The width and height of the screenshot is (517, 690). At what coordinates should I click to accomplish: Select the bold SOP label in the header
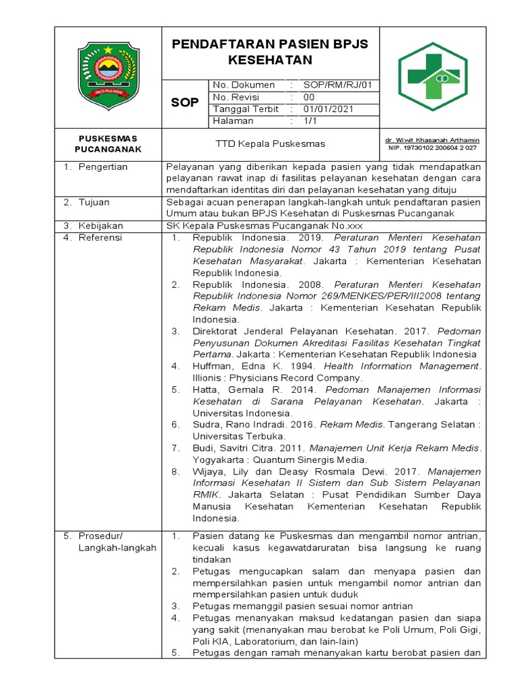(x=184, y=102)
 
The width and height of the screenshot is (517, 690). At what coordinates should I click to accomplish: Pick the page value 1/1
(x=310, y=121)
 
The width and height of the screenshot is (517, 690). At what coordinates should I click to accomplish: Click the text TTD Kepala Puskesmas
(x=270, y=144)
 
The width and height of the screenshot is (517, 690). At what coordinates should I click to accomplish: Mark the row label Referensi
(x=100, y=237)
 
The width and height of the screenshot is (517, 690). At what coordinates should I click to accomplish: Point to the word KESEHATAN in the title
(x=271, y=60)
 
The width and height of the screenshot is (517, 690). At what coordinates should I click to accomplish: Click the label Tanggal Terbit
(x=242, y=109)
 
